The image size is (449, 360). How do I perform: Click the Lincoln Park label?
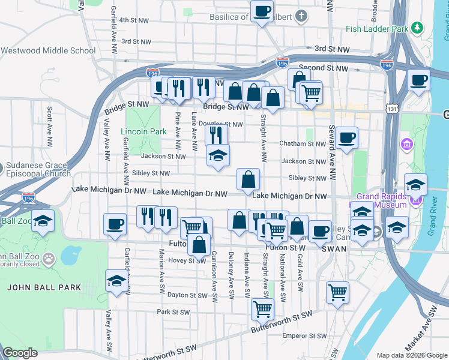point(143,131)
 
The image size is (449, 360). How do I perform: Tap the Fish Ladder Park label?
point(377,28)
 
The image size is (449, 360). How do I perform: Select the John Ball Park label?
point(44,287)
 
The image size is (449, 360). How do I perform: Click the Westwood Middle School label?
point(48,50)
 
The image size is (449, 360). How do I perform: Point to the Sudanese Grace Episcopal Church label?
point(40,170)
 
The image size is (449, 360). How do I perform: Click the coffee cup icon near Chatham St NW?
point(346,138)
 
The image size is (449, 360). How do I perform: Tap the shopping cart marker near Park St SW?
point(262,308)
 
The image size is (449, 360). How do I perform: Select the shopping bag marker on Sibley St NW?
point(248,179)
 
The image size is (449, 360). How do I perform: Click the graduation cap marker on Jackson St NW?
point(218,156)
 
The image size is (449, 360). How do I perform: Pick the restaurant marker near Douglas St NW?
point(216,134)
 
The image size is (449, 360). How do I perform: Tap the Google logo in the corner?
point(20,353)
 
